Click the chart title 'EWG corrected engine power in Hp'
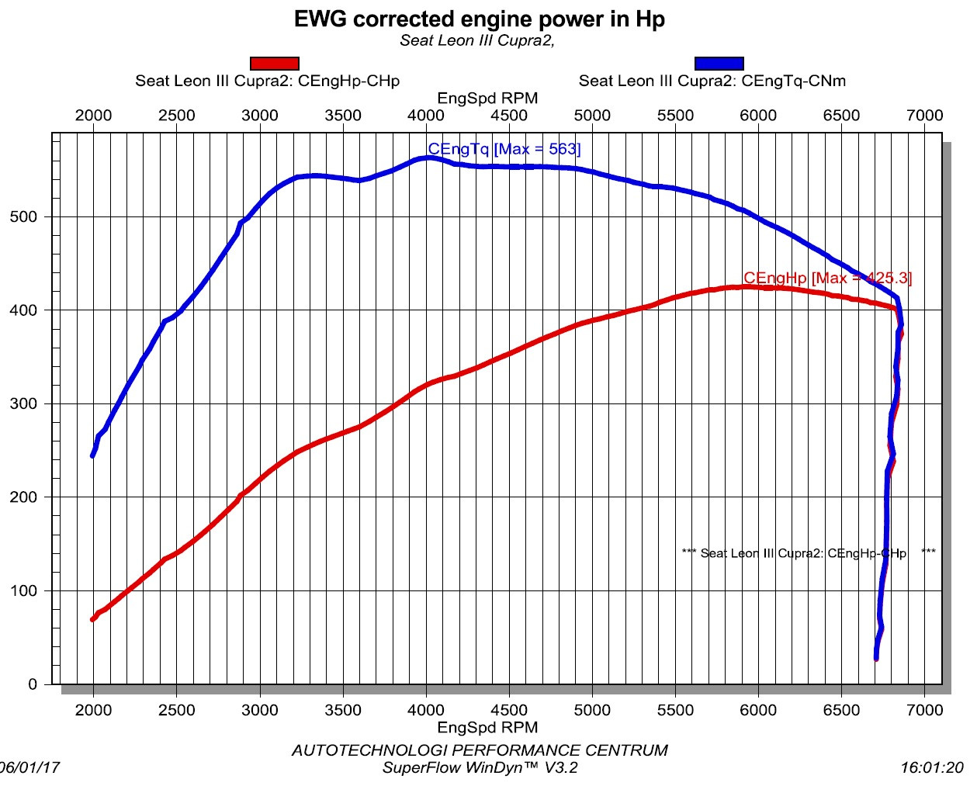479,19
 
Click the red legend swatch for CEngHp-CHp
275,64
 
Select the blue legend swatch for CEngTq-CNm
719,64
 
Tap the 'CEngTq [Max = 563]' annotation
504,149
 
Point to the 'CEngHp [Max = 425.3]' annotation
827,278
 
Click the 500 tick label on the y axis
23,216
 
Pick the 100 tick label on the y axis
23,590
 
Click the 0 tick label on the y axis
33,684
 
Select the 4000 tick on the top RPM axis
426,116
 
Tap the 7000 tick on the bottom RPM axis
924,709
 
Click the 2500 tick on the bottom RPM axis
176,709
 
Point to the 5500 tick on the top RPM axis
675,116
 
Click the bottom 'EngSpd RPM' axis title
487,727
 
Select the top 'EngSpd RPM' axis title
487,99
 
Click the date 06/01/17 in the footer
29,767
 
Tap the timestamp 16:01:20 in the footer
931,767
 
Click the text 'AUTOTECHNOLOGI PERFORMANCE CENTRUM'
479,750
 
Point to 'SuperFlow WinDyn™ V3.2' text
480,767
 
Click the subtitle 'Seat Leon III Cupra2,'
477,40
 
